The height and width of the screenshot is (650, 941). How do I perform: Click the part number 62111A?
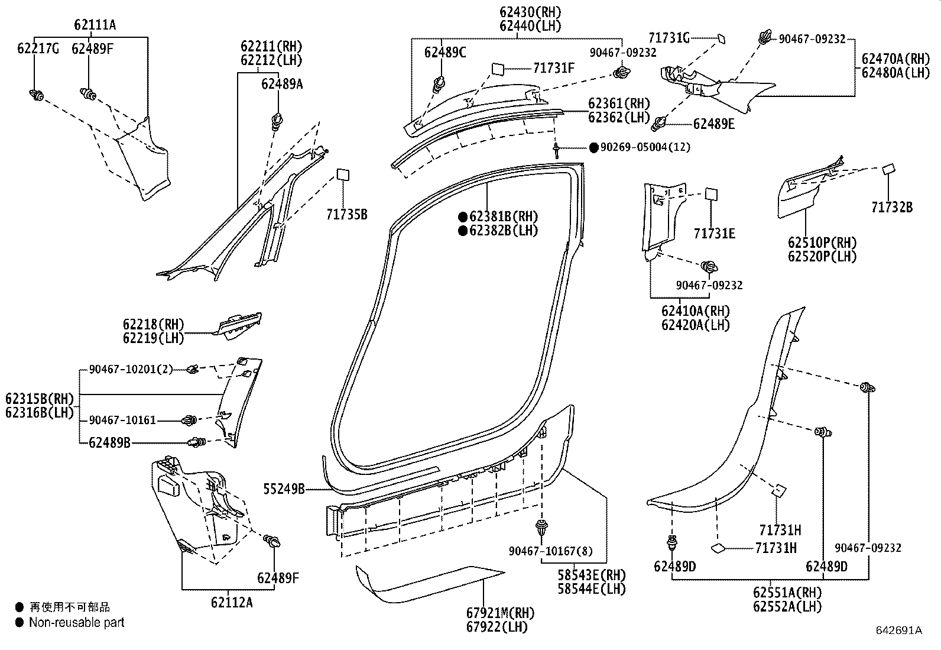click(95, 25)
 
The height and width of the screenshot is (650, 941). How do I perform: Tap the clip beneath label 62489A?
click(277, 122)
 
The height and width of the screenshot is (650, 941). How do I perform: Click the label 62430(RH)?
click(530, 12)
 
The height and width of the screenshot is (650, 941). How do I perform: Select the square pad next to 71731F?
click(498, 69)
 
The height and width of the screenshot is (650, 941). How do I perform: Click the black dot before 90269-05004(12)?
click(593, 147)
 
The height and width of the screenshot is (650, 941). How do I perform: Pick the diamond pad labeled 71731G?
click(721, 39)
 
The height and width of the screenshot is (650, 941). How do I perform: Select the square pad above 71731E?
click(711, 195)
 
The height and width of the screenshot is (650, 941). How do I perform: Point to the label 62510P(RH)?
click(822, 242)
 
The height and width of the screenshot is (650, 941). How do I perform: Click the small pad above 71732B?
click(888, 170)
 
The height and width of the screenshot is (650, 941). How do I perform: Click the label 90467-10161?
click(122, 420)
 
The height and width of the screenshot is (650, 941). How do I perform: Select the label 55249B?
click(284, 489)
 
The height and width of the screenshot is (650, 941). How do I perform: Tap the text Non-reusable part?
click(76, 622)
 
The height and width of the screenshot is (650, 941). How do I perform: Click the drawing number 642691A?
click(898, 630)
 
